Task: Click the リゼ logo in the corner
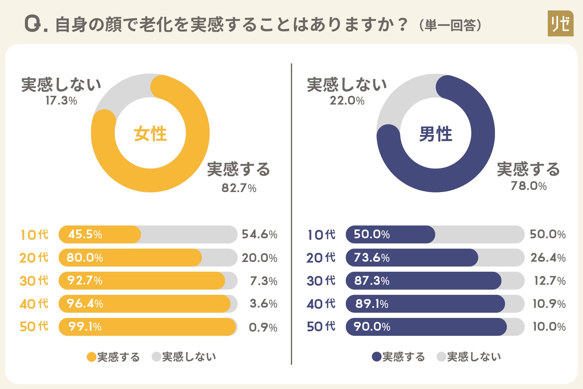tap(560, 23)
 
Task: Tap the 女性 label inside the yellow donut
tap(150, 133)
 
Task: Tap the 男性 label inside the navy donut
tap(435, 134)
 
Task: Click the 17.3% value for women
tap(61, 101)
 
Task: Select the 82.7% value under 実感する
tap(239, 188)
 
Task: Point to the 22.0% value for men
tap(347, 101)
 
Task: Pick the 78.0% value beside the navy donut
tap(529, 186)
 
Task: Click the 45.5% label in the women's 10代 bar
tap(85, 234)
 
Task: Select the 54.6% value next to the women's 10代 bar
tap(260, 234)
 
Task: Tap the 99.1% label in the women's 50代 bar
tap(85, 327)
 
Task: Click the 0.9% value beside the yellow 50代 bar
tap(263, 327)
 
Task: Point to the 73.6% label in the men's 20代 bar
tap(372, 258)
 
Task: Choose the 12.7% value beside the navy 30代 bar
tap(550, 281)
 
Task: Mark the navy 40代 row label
tap(321, 304)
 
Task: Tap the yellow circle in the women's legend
tap(91, 357)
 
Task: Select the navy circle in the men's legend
tap(377, 357)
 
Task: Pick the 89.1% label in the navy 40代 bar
tap(372, 304)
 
